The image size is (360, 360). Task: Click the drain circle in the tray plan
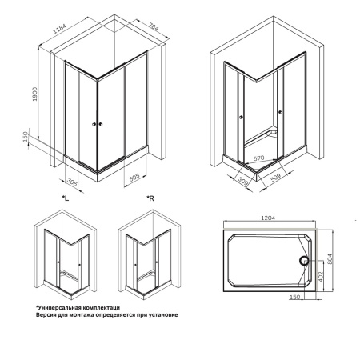(x=304, y=259)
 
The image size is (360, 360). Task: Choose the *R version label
(x=150, y=196)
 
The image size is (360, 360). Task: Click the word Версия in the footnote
(x=46, y=315)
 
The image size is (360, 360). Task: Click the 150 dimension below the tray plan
(x=295, y=298)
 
